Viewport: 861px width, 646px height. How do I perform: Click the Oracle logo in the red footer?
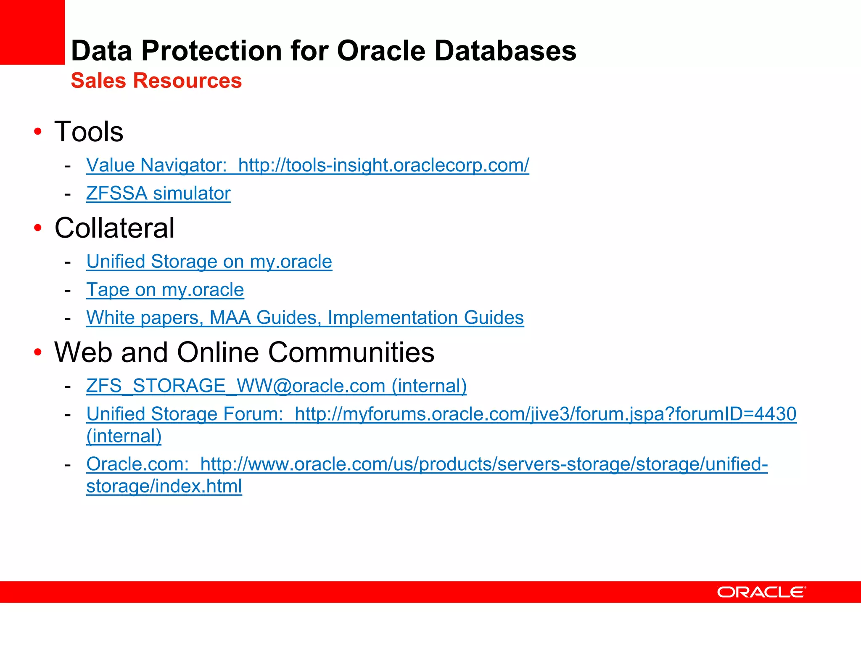761,592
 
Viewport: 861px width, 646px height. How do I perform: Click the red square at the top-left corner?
32,32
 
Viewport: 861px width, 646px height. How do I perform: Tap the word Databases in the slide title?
505,51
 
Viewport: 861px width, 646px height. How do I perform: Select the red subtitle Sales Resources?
156,81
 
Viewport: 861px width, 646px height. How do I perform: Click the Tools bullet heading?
89,132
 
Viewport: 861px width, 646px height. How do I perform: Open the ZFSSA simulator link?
158,193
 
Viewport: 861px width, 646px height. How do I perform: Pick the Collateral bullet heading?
114,228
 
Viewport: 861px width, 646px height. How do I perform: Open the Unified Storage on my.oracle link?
209,262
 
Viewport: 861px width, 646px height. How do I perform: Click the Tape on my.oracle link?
165,290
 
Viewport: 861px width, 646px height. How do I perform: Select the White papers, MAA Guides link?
305,318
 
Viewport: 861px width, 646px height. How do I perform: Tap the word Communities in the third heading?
351,352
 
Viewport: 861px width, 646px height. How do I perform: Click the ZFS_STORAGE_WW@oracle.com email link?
276,386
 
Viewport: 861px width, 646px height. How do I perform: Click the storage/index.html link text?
164,486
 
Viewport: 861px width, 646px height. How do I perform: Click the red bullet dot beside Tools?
38,132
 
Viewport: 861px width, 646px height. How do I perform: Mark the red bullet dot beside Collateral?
38,228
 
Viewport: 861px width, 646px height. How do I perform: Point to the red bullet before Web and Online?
38,352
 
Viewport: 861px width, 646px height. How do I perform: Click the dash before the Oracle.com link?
68,465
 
